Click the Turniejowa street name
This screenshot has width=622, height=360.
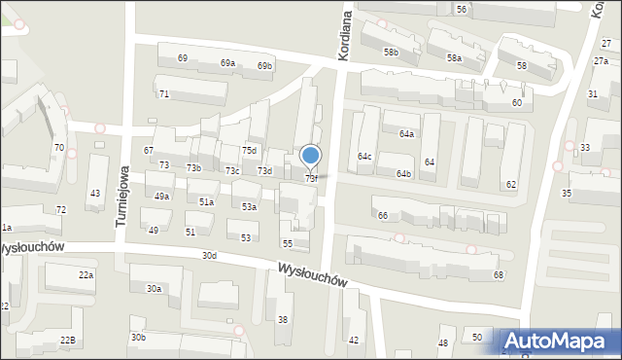123,194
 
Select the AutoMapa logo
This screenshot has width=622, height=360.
560,341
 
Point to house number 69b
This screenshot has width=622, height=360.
264,66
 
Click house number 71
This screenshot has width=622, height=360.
164,93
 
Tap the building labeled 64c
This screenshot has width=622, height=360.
364,156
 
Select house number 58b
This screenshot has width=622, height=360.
391,52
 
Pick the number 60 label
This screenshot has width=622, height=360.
516,102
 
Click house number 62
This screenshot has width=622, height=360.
511,184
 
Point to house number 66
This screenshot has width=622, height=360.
383,215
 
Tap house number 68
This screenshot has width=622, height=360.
499,275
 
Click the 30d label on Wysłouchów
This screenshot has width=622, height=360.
209,255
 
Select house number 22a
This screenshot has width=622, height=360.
86,275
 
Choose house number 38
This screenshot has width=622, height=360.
283,319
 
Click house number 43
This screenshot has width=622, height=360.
94,194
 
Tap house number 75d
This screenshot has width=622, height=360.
250,150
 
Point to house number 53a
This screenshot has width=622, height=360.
250,207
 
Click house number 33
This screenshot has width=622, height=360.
584,147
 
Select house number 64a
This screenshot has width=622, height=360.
406,134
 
